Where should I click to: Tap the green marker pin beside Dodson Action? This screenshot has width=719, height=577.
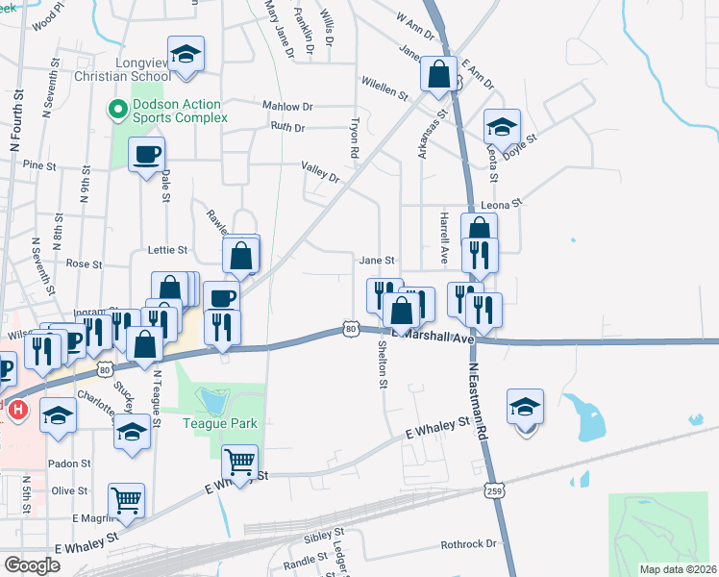click(x=117, y=110)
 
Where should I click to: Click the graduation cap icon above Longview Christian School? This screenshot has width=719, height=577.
click(x=186, y=54)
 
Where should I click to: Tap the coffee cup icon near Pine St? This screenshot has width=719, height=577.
click(x=146, y=154)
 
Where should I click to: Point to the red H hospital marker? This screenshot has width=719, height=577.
click(x=16, y=412)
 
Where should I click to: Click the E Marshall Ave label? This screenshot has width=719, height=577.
click(x=439, y=338)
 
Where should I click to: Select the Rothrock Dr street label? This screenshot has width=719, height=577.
click(x=468, y=544)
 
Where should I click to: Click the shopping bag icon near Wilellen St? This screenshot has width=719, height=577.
click(x=438, y=74)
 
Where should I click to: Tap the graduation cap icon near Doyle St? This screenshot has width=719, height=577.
click(x=501, y=127)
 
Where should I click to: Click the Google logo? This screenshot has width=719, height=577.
click(x=32, y=565)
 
